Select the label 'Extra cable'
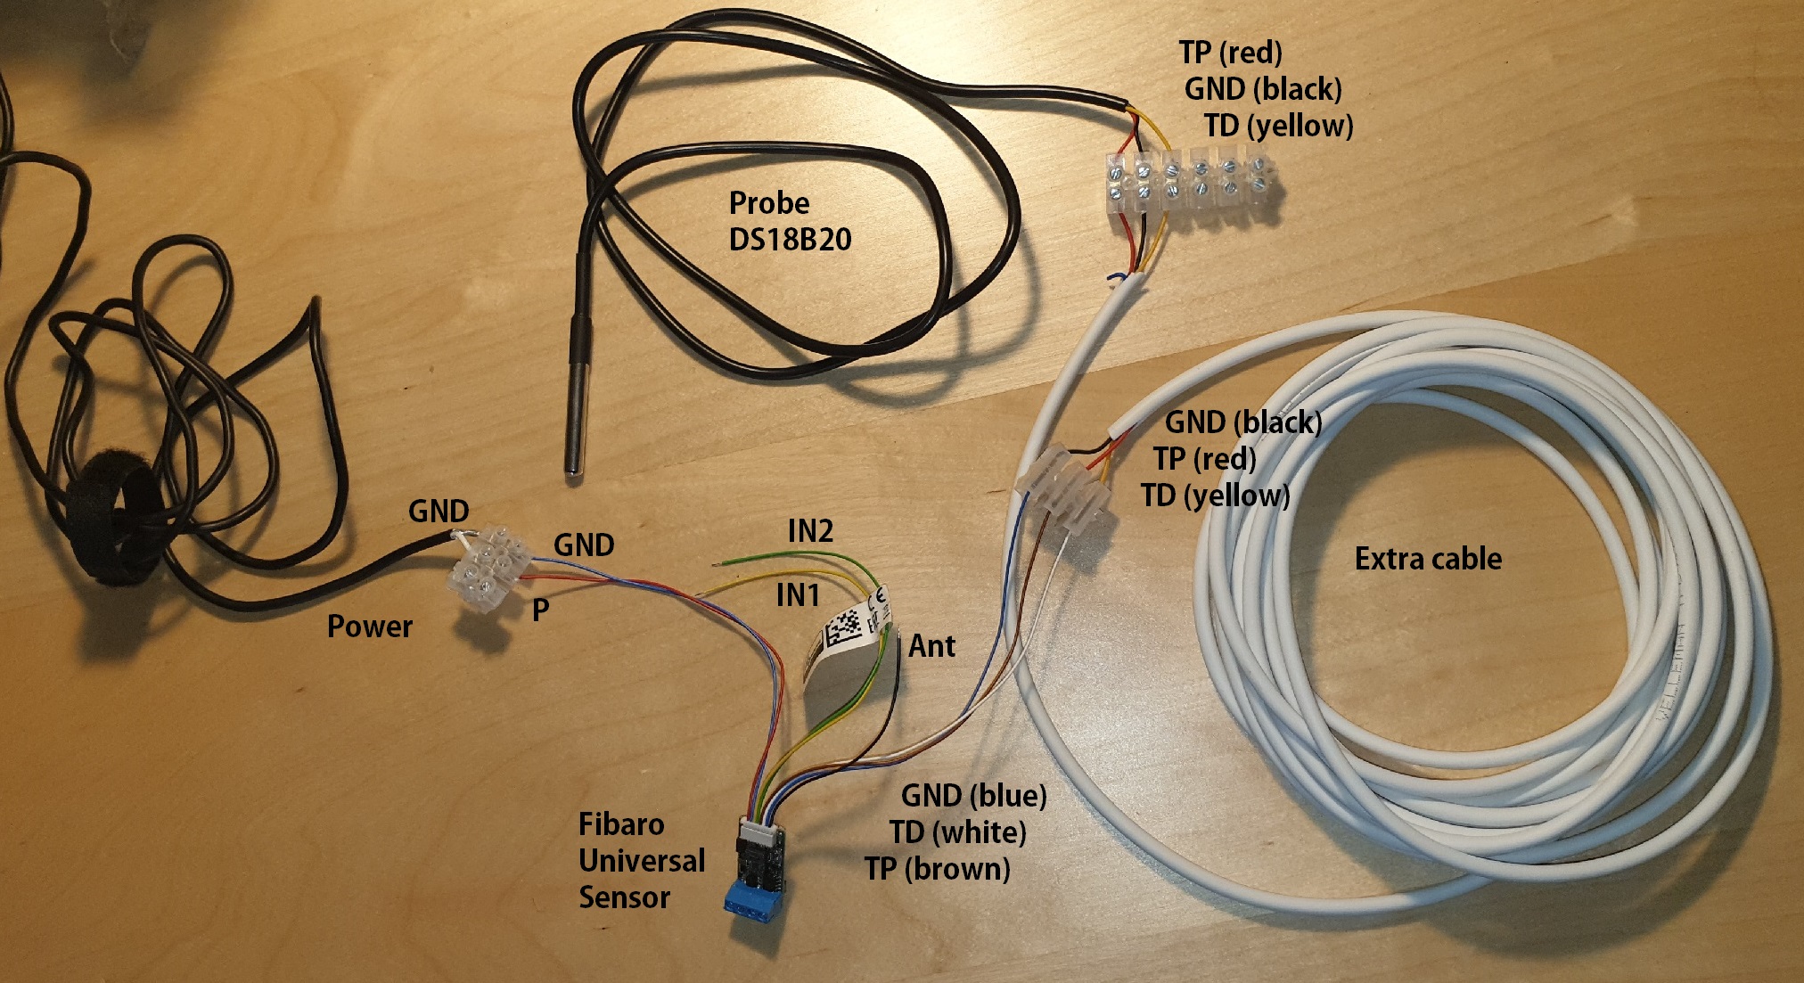click(x=1428, y=559)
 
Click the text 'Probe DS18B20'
click(x=789, y=221)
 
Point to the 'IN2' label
click(x=810, y=531)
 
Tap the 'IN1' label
click(x=798, y=594)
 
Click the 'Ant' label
click(x=931, y=645)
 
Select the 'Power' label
click(x=369, y=626)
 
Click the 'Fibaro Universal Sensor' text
click(x=641, y=860)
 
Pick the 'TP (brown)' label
click(x=937, y=868)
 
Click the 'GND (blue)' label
click(x=973, y=795)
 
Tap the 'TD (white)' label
click(x=957, y=831)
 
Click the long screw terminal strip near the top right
click(x=1191, y=188)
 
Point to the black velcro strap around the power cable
click(x=116, y=517)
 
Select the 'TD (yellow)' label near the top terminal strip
click(x=1278, y=126)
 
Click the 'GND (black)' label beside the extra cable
click(x=1243, y=422)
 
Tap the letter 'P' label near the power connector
click(x=540, y=610)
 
